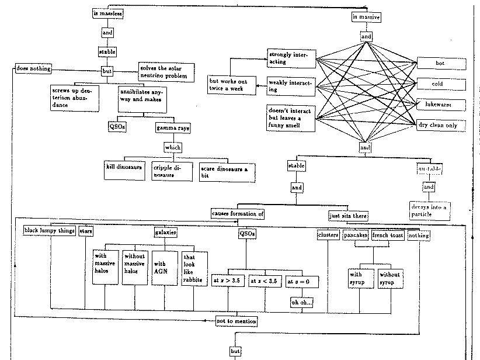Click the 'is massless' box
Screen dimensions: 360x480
pyautogui.click(x=108, y=13)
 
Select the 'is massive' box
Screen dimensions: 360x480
pyautogui.click(x=366, y=18)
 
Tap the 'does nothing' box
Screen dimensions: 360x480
pyautogui.click(x=33, y=69)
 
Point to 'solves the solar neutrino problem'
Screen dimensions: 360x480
pyautogui.click(x=163, y=71)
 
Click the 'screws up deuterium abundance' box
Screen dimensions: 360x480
pyautogui.click(x=73, y=96)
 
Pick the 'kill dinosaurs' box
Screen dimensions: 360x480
pyautogui.click(x=124, y=167)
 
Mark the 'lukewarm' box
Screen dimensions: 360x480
pyautogui.click(x=441, y=105)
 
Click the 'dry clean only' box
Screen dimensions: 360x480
pyautogui.click(x=441, y=125)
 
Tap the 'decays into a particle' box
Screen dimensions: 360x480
pyautogui.click(x=429, y=210)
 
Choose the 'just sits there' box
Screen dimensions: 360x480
pyautogui.click(x=348, y=216)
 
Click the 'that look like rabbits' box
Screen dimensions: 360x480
pyautogui.click(x=195, y=268)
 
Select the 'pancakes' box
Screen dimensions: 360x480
pyautogui.click(x=355, y=235)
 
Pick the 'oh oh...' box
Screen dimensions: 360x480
pyautogui.click(x=301, y=302)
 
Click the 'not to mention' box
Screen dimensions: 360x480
pyautogui.click(x=236, y=321)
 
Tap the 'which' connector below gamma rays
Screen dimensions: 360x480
pyautogui.click(x=173, y=147)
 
